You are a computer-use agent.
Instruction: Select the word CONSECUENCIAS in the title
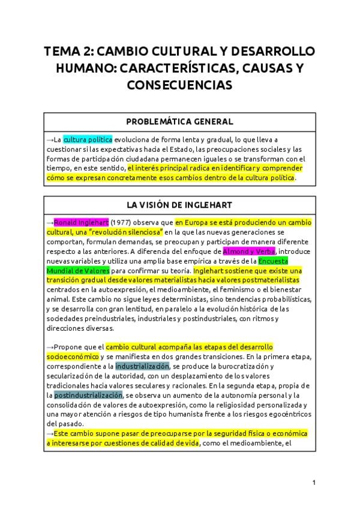179,85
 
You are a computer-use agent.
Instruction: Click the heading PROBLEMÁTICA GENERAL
179,122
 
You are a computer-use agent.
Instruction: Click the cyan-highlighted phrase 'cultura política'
88,139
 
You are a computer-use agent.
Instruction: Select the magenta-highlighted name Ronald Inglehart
81,222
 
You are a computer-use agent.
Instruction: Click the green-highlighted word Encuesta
274,261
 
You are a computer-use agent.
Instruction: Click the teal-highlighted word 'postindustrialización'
88,395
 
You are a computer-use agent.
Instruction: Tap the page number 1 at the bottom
314,482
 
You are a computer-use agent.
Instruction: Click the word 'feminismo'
240,289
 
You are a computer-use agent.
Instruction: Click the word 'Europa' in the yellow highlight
195,222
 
